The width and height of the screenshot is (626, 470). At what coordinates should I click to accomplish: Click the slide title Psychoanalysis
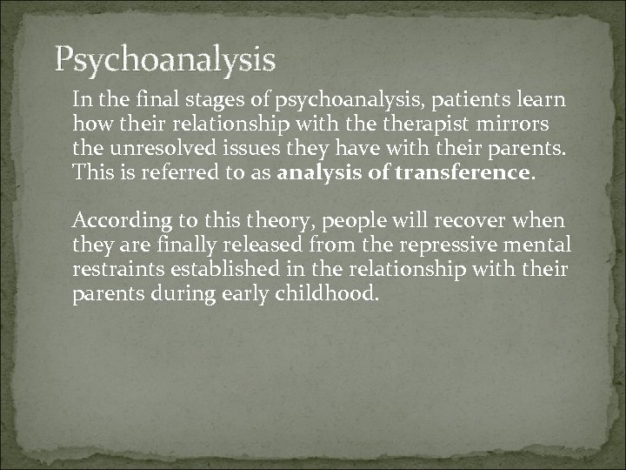coord(165,60)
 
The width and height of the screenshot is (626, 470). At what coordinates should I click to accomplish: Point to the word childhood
coord(329,293)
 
